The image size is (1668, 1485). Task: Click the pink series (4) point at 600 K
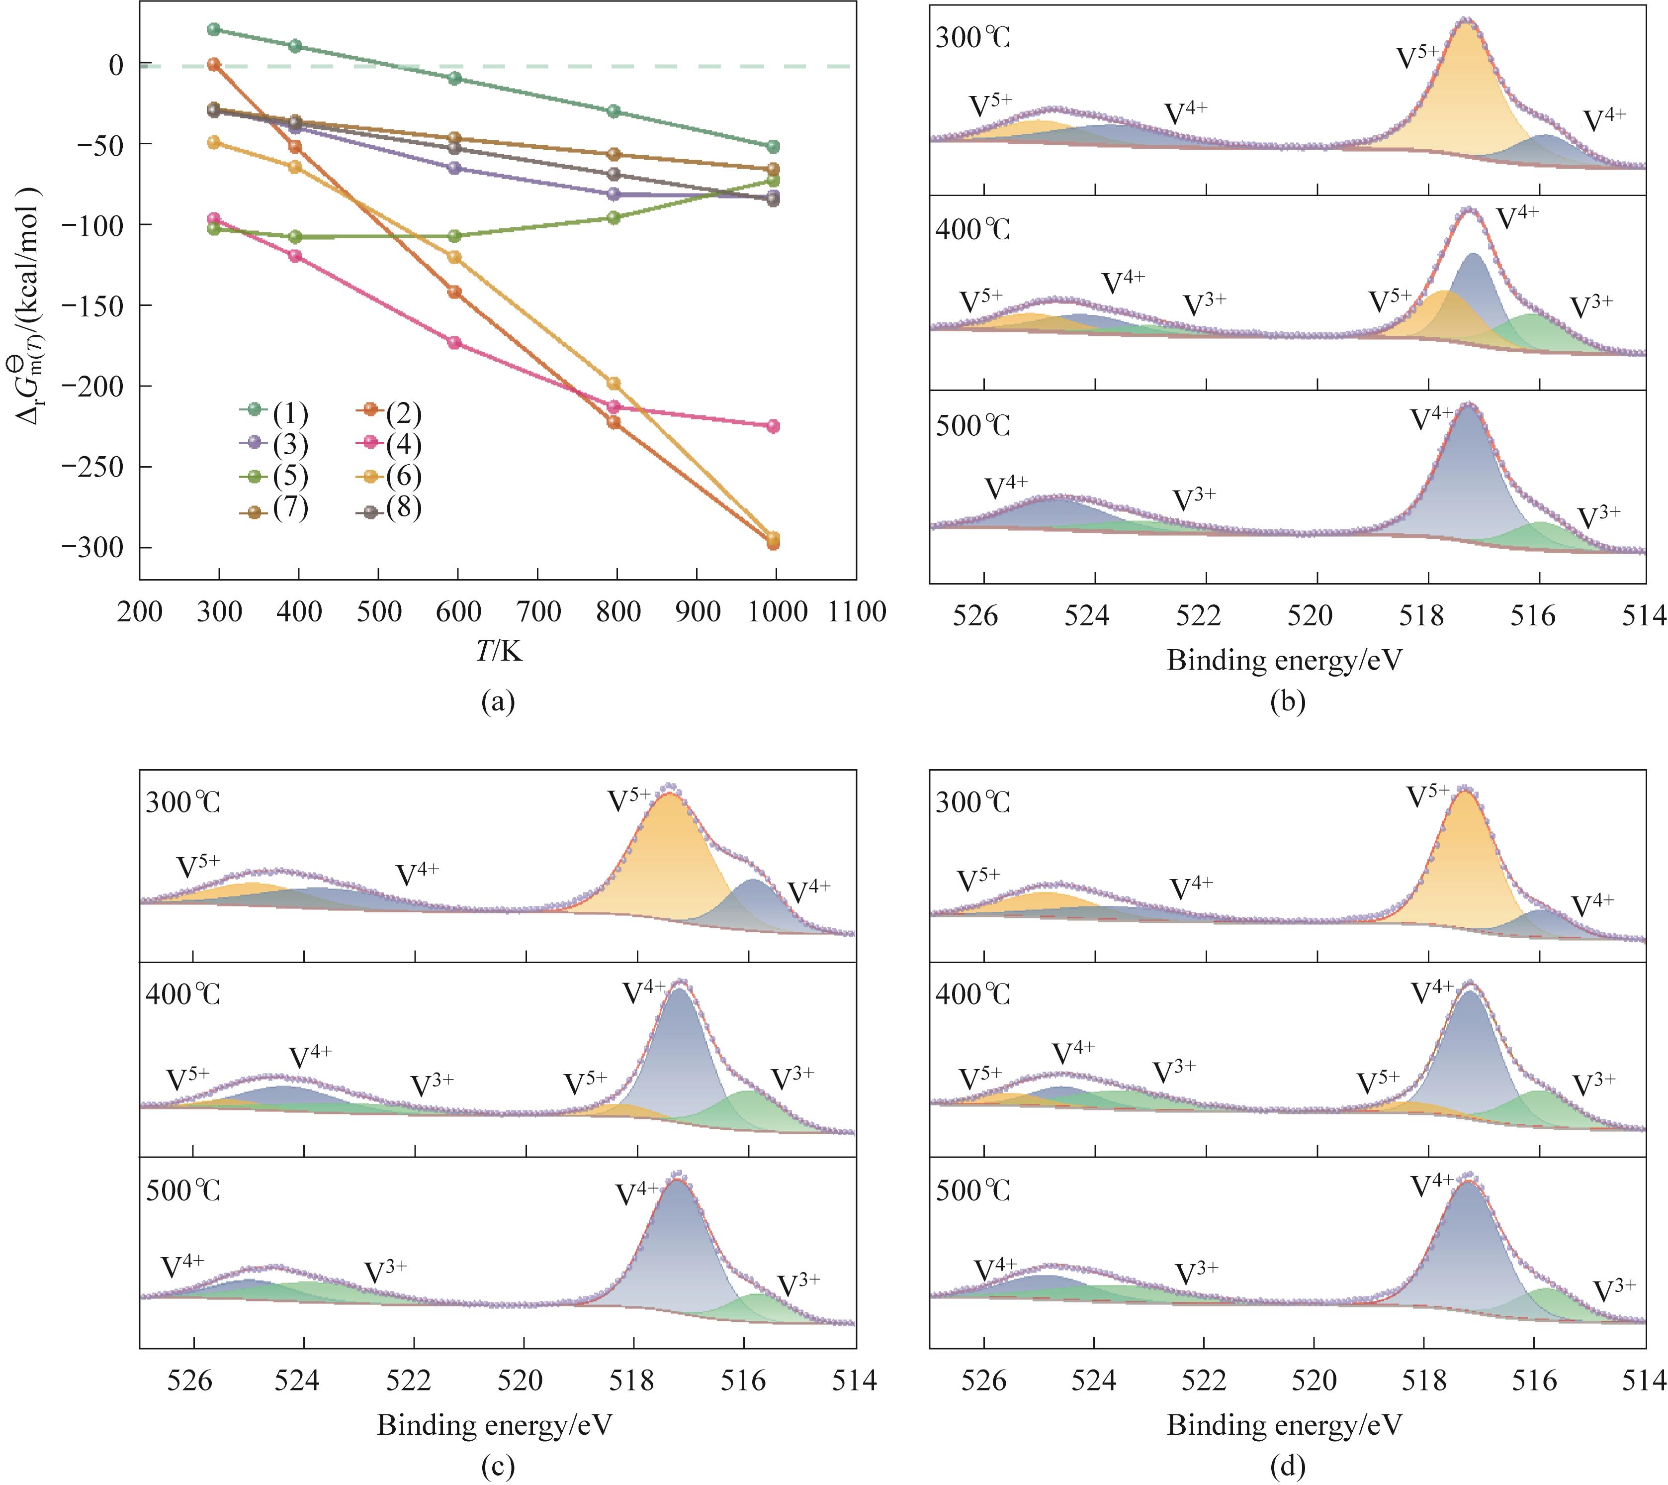[x=455, y=343]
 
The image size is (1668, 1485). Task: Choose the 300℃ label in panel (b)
[x=973, y=38]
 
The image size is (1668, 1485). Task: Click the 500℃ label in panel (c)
[x=183, y=1191]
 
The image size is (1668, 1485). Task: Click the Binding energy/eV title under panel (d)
[x=1285, y=1425]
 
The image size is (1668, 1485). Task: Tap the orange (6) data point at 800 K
[x=615, y=384]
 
